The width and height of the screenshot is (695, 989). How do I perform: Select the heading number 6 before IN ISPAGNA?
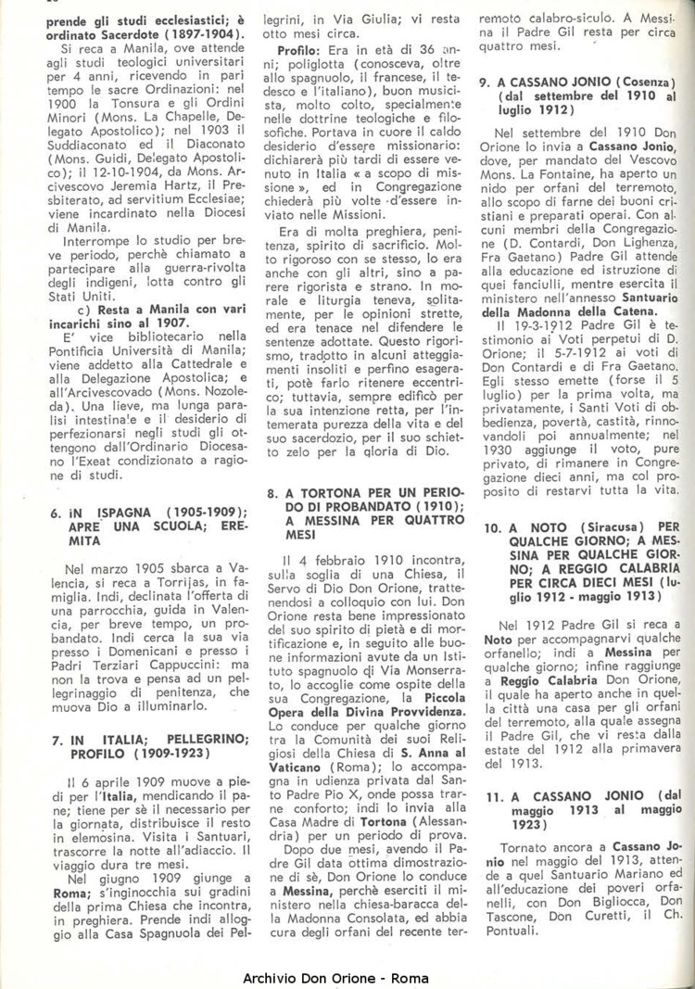[x=55, y=513]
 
